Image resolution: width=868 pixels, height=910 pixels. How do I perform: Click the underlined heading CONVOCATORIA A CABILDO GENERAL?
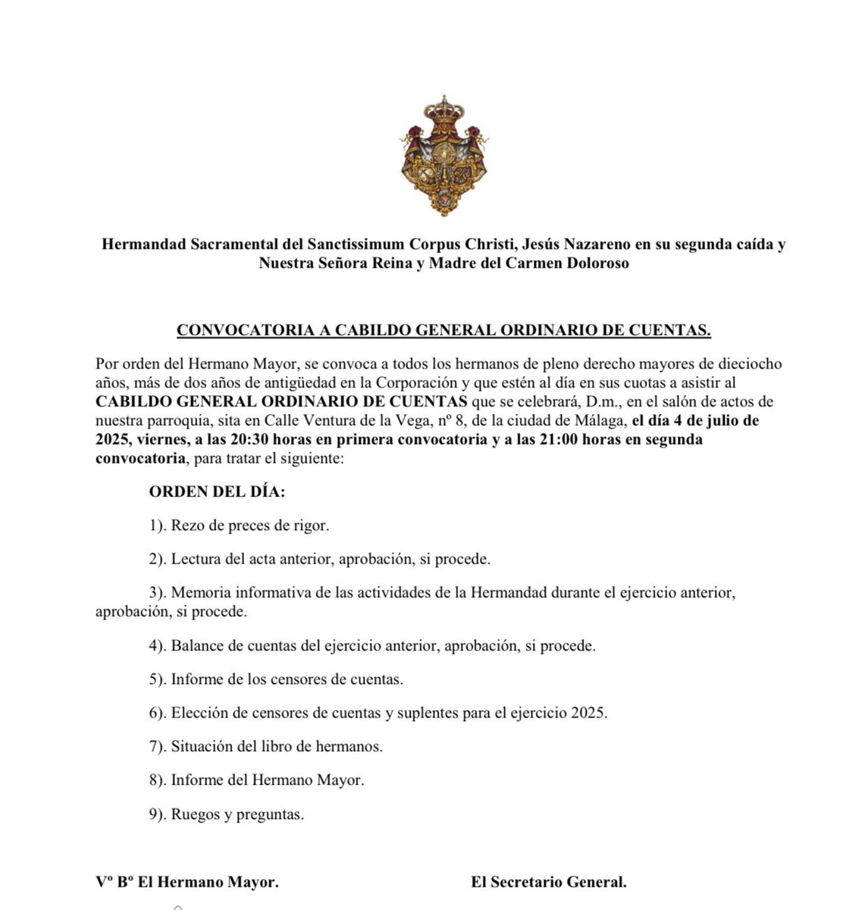tap(443, 330)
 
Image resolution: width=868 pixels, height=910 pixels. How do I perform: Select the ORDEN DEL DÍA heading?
tap(217, 491)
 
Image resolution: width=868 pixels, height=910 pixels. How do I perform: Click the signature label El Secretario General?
tap(548, 882)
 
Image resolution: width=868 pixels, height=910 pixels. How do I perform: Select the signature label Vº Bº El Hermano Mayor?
tap(187, 882)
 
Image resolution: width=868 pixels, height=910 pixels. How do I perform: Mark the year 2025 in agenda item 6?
tap(589, 713)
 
